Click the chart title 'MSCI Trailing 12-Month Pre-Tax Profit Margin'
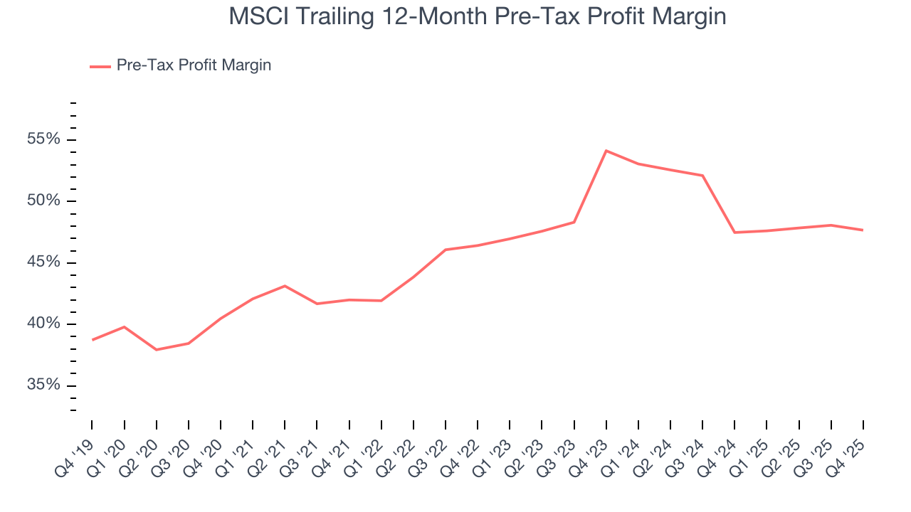477,16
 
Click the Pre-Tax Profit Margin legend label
194,65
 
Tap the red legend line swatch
100,66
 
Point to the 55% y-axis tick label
44,139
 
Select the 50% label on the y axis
44,201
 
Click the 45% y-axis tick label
44,263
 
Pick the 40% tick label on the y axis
44,324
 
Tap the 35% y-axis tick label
44,386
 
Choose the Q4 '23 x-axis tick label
591,450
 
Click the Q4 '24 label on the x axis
720,450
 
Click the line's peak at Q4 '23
606,151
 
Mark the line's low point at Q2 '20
156,350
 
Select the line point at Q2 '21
285,286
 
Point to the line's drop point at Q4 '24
734,233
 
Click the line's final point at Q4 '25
863,230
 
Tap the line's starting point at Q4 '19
92,340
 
